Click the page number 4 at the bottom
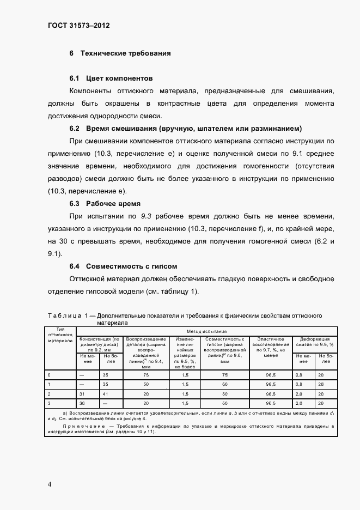tap(50, 484)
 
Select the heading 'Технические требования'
tap(125, 53)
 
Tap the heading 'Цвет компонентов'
tap(117, 78)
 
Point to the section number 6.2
tap(75, 129)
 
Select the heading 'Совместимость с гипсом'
tap(129, 266)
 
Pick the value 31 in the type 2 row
tap(82, 393)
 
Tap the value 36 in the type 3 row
tap(82, 403)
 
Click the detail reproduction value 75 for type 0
tap(146, 375)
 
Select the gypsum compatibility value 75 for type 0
tap(224, 375)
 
